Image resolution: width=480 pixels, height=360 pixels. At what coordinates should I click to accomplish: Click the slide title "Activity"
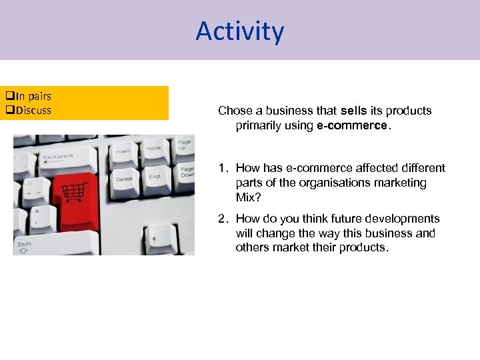240,31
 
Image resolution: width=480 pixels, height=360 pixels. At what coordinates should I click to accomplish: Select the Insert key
123,151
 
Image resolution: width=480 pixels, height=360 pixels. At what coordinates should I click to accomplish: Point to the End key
155,177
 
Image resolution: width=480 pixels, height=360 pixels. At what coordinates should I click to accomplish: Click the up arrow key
154,237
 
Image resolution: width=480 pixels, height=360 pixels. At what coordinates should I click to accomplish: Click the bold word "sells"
353,111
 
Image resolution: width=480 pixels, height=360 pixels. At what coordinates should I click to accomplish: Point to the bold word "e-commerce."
352,125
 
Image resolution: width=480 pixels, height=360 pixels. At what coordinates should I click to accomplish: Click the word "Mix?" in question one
247,197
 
